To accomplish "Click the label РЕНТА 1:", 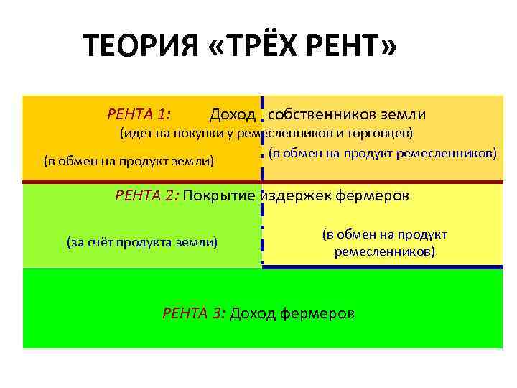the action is point(139,114).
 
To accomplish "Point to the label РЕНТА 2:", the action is point(148,195).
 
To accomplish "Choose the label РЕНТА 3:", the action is point(195,313).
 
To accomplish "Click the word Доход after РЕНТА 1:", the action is point(232,114).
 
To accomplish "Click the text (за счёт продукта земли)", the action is point(142,242).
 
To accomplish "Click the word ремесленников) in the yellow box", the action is point(383,252).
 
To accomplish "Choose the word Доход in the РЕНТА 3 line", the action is point(253,313).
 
